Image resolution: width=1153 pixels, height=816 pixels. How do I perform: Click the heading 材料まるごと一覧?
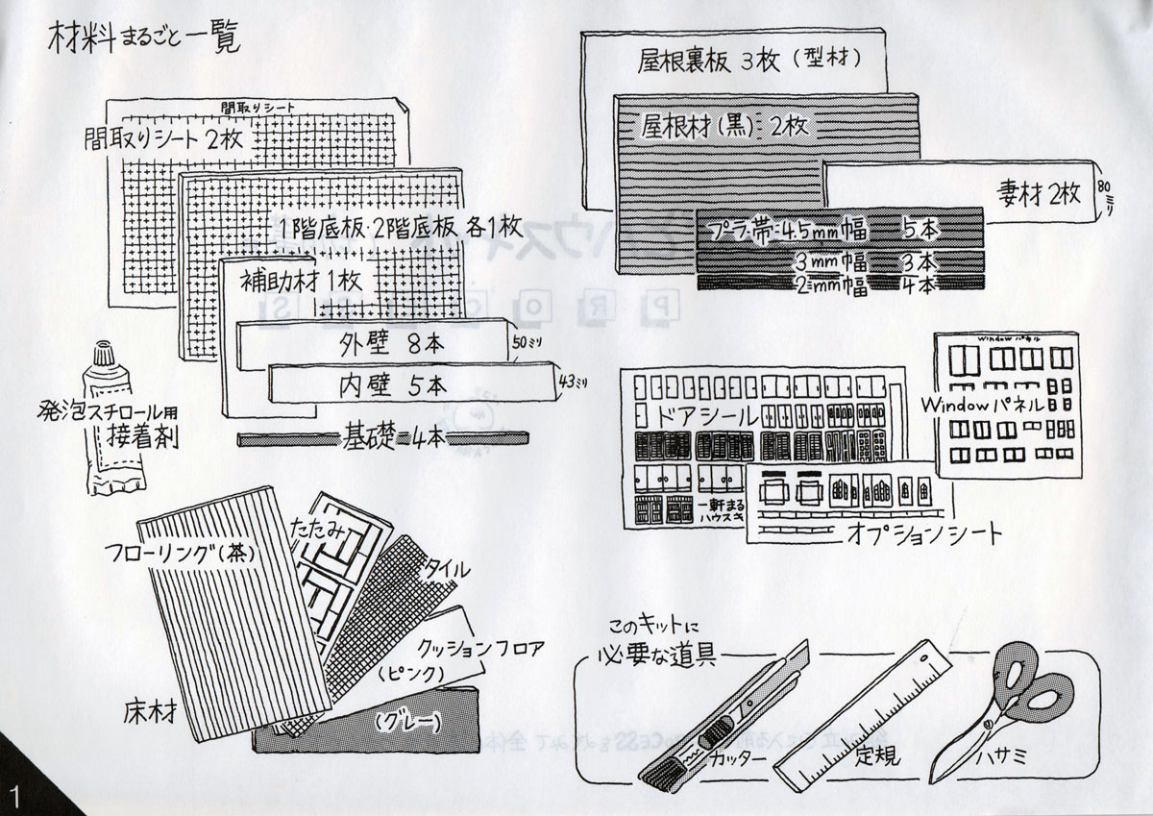(143, 40)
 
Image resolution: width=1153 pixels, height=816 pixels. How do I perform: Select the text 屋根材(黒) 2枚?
(726, 124)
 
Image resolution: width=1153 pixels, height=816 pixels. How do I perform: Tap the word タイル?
(447, 569)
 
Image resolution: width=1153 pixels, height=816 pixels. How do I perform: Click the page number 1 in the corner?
(15, 796)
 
